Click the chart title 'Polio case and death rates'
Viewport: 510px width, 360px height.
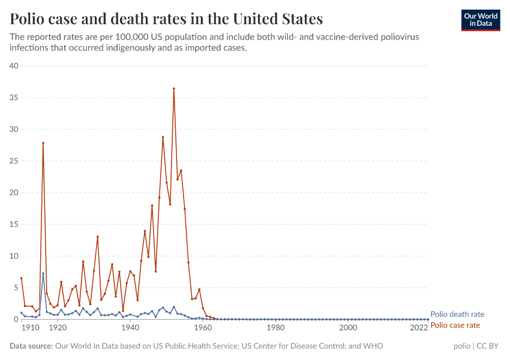point(166,19)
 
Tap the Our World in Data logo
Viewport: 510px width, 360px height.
point(480,20)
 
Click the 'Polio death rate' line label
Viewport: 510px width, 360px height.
point(457,314)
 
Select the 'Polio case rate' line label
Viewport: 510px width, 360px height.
point(455,325)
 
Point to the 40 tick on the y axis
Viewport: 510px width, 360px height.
point(14,66)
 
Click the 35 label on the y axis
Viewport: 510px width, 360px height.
point(14,98)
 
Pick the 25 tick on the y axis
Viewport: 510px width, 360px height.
point(14,161)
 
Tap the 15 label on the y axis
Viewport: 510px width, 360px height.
point(14,224)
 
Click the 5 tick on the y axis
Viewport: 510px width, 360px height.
point(16,287)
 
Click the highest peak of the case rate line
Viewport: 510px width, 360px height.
point(174,88)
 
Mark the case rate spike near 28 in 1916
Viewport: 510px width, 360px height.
point(43,143)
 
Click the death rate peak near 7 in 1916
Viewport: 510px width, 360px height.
point(43,274)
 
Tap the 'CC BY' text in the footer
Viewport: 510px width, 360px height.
point(489,346)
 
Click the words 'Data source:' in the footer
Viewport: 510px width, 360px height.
point(31,346)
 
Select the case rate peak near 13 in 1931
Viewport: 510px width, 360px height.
point(97,236)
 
